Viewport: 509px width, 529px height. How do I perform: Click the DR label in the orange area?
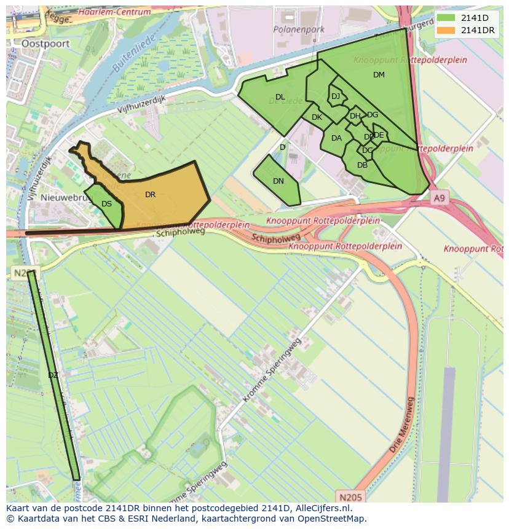150,195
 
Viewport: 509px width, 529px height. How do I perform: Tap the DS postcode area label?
106,204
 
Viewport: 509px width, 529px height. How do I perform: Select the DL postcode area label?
280,97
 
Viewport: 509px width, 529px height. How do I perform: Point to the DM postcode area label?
379,75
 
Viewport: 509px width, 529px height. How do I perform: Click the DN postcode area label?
278,181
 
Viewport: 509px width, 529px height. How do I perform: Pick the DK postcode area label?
317,117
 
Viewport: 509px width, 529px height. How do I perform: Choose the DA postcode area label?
336,138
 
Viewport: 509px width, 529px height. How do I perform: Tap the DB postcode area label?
362,165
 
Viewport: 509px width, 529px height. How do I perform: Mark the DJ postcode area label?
335,96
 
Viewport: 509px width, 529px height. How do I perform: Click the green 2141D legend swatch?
446,18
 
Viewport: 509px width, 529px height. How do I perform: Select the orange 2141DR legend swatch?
446,30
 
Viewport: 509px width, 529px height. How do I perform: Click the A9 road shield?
439,198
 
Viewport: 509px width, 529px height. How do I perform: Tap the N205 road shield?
350,496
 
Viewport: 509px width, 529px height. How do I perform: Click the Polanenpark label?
299,29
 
